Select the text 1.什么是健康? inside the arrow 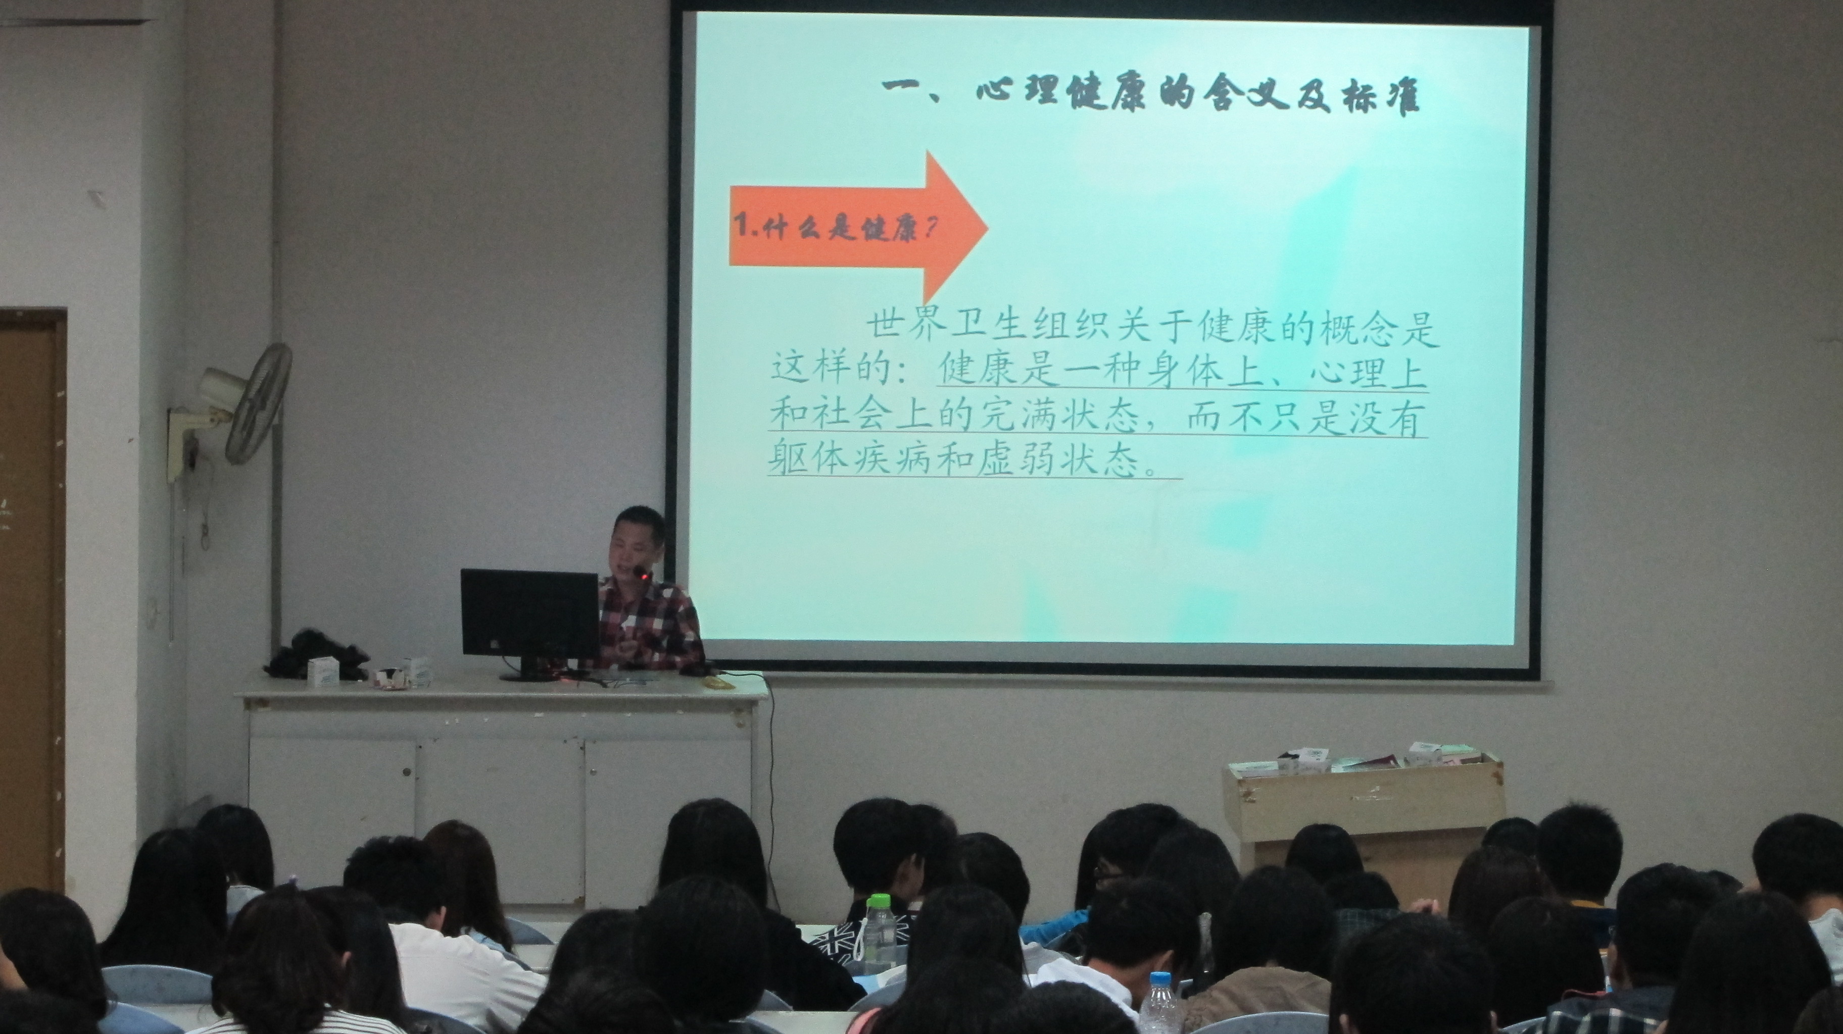[834, 230]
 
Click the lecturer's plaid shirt [648, 626]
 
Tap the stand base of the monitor [532, 675]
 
